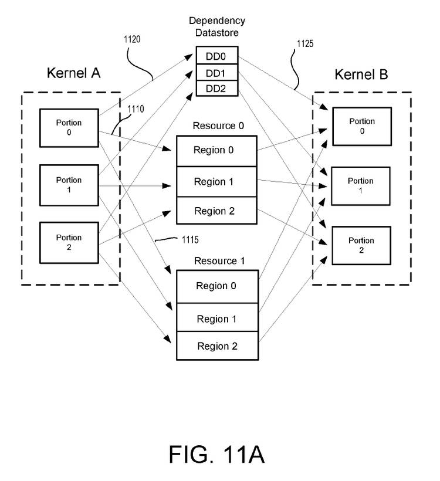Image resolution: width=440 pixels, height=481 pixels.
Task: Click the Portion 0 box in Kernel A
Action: tap(69, 127)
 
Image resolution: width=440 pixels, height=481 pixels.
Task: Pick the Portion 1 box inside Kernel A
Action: tap(69, 185)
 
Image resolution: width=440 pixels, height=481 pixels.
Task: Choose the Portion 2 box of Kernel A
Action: tap(69, 242)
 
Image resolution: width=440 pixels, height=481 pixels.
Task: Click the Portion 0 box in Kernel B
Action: tap(361, 126)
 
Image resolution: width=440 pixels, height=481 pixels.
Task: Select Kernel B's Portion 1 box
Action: tap(360, 185)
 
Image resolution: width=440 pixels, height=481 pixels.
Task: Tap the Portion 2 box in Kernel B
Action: tap(361, 245)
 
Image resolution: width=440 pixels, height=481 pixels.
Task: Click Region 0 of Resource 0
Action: tap(216, 151)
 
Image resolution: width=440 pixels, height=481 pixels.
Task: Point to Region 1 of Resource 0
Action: tap(216, 182)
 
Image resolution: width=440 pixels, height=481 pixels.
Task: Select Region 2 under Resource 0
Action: tap(216, 211)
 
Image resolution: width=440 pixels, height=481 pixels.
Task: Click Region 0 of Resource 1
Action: tap(216, 286)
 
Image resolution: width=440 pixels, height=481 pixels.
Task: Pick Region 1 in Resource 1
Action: tap(216, 319)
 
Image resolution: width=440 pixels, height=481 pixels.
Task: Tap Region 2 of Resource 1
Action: tap(216, 346)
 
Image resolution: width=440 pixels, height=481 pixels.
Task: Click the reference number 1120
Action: tap(132, 40)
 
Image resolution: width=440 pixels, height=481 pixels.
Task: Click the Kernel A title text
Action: tap(73, 73)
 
